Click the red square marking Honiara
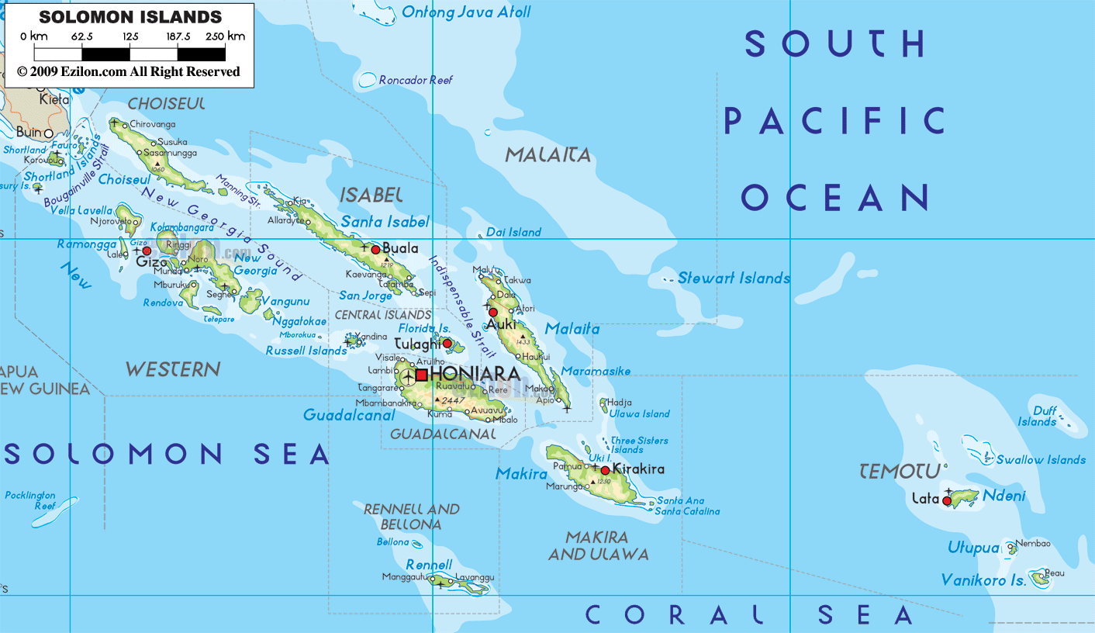[421, 375]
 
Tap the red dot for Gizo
[147, 251]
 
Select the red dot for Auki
[492, 313]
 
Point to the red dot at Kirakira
[605, 470]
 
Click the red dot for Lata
[947, 501]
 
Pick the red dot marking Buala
[375, 249]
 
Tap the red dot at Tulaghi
[447, 343]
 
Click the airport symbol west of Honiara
[409, 376]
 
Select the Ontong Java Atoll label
[466, 12]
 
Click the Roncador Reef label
[416, 80]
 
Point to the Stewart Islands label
[734, 278]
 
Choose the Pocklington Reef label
[30, 500]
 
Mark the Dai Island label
[513, 232]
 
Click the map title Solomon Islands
[130, 16]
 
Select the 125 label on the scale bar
[130, 36]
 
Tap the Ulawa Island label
[639, 413]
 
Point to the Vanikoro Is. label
[983, 580]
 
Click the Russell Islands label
[306, 351]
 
